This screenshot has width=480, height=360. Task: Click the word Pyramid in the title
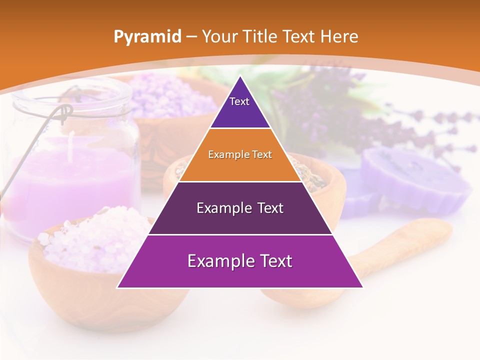click(147, 37)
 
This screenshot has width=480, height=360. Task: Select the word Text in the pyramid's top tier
click(239, 101)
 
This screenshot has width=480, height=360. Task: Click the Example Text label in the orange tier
click(240, 154)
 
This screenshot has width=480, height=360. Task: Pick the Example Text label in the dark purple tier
click(240, 208)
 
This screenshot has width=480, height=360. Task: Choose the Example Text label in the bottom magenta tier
click(240, 261)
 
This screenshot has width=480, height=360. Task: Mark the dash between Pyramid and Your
click(191, 37)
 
